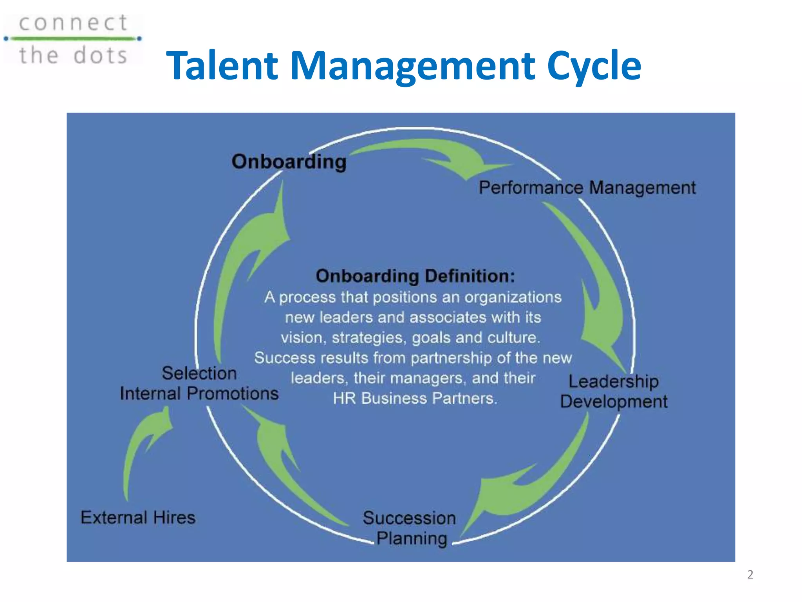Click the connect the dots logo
click(x=73, y=39)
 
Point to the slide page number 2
click(x=750, y=575)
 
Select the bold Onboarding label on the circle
click(x=289, y=162)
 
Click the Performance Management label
click(x=587, y=188)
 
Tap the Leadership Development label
click(x=614, y=392)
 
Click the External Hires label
click(x=138, y=517)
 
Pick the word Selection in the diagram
click(x=199, y=373)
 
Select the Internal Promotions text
click(x=199, y=393)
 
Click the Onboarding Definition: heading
click(x=415, y=276)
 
